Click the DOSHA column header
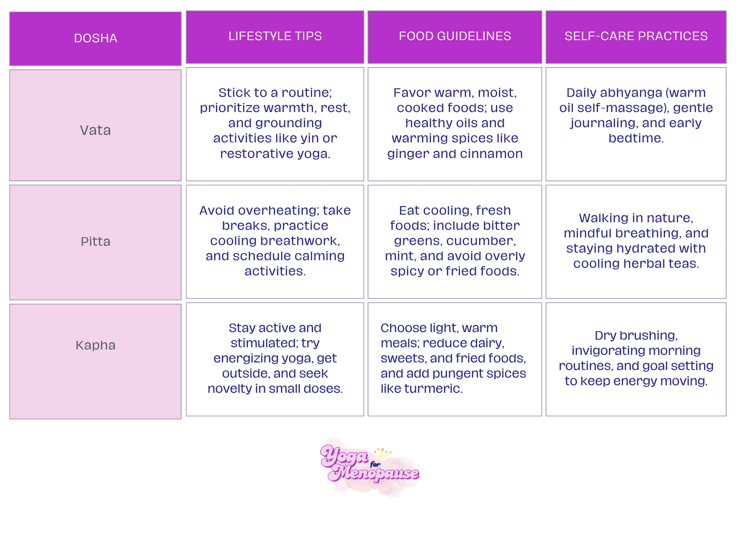coord(95,38)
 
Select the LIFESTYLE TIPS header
coord(275,36)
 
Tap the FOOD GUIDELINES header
coord(455,36)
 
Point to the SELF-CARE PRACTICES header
coord(636,36)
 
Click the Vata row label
coord(95,130)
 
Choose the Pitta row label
coord(95,241)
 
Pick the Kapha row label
coord(95,345)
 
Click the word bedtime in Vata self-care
coord(636,138)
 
